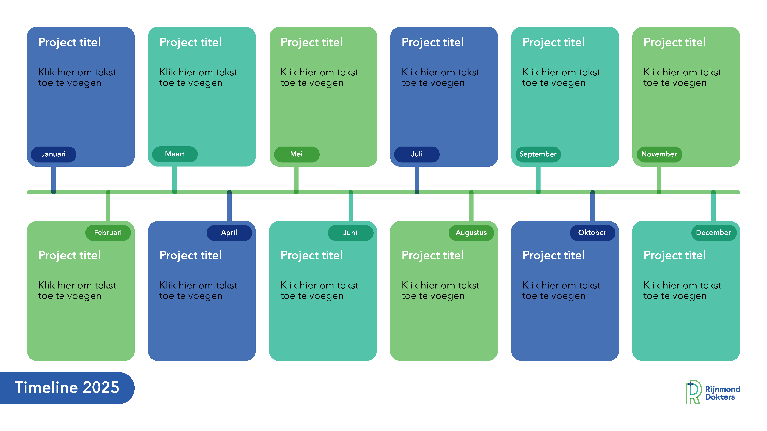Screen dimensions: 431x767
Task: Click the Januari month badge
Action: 54,154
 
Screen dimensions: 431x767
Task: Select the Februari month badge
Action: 108,233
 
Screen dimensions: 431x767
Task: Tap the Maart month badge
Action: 175,154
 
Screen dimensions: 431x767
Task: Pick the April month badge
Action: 229,233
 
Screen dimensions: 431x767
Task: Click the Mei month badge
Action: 296,154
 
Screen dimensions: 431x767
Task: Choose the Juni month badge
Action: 350,233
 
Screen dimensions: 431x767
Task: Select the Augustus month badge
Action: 471,233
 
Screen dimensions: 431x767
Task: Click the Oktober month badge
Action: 592,233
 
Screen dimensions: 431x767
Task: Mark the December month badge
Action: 713,233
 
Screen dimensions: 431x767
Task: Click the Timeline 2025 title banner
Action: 67,388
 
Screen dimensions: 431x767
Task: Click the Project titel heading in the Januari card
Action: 69,42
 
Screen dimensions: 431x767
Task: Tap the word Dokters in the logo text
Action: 720,397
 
